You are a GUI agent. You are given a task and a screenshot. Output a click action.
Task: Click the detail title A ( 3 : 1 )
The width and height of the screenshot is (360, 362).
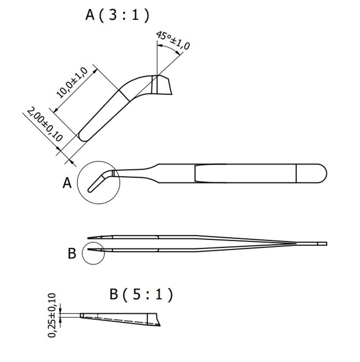click(x=117, y=15)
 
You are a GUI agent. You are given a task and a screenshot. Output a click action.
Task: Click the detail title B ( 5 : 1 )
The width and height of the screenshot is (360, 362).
click(x=141, y=295)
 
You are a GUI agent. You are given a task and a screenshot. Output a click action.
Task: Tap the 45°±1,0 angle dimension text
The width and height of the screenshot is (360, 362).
click(x=173, y=40)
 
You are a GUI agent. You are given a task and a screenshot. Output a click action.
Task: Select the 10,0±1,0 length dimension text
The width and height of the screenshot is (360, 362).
click(x=72, y=83)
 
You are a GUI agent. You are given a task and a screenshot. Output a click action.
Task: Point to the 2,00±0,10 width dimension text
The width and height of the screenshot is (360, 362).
click(x=45, y=124)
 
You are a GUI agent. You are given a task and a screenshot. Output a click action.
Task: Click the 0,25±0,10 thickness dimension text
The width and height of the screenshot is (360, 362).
click(x=52, y=315)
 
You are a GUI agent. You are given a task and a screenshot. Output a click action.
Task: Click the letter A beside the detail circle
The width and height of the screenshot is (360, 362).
click(x=67, y=183)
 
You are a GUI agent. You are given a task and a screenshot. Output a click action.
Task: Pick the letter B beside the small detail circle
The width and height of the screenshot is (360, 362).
click(x=72, y=253)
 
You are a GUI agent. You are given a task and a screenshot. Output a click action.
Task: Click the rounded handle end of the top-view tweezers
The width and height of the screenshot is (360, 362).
click(x=322, y=173)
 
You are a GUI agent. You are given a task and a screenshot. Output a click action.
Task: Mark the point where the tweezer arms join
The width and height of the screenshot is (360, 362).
click(x=296, y=243)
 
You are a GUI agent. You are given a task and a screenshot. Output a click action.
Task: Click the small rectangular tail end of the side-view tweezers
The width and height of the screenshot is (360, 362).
click(x=322, y=244)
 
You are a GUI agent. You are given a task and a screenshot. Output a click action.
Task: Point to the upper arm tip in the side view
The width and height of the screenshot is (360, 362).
click(x=89, y=238)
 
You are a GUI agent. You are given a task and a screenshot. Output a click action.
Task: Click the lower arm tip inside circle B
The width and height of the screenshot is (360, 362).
click(x=89, y=249)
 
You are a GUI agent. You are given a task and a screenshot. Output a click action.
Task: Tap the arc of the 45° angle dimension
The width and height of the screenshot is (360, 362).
click(x=170, y=48)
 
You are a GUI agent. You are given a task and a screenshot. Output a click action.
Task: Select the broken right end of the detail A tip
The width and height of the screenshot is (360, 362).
click(x=168, y=86)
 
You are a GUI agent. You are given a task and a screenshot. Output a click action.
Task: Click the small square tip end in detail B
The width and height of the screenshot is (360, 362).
click(x=82, y=315)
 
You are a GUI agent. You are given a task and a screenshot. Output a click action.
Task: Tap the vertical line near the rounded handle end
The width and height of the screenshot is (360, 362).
click(x=296, y=173)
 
